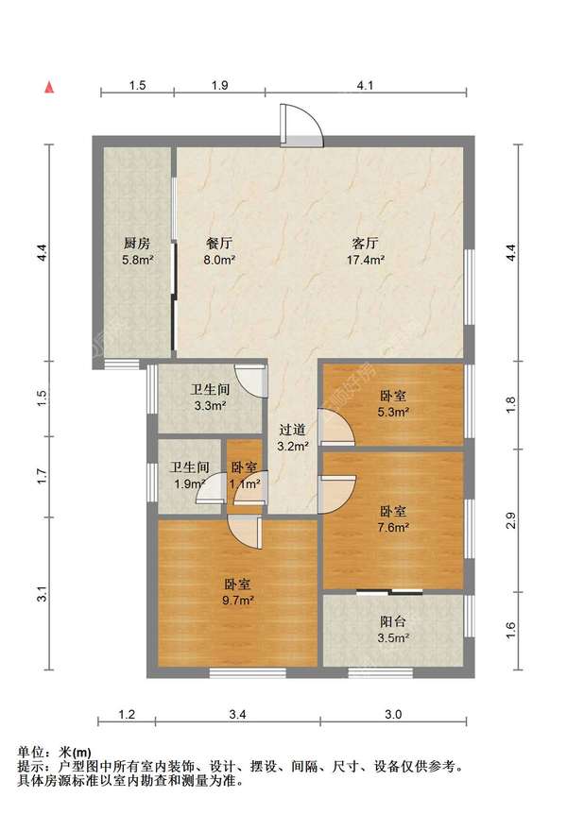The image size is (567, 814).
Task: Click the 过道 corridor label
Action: pyautogui.click(x=291, y=430)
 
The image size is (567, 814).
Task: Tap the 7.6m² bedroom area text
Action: pyautogui.click(x=393, y=527)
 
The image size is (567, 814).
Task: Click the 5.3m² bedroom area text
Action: pyautogui.click(x=393, y=412)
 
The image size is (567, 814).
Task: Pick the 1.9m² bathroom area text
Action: pyautogui.click(x=188, y=483)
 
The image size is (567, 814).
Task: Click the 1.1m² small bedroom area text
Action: pyautogui.click(x=245, y=483)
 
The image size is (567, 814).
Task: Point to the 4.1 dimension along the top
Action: pyautogui.click(x=366, y=85)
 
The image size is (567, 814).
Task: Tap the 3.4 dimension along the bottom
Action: pyautogui.click(x=237, y=714)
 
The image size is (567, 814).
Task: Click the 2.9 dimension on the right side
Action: pyautogui.click(x=511, y=518)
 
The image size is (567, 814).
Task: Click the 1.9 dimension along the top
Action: pyautogui.click(x=219, y=85)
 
